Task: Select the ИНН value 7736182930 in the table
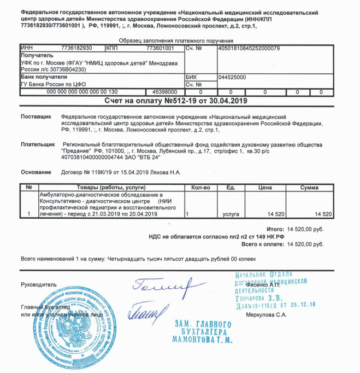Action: coord(77,48)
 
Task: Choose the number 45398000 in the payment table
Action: coord(164,92)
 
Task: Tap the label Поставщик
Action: coord(36,116)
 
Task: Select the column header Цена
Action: coord(264,188)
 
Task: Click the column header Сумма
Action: coord(309,188)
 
